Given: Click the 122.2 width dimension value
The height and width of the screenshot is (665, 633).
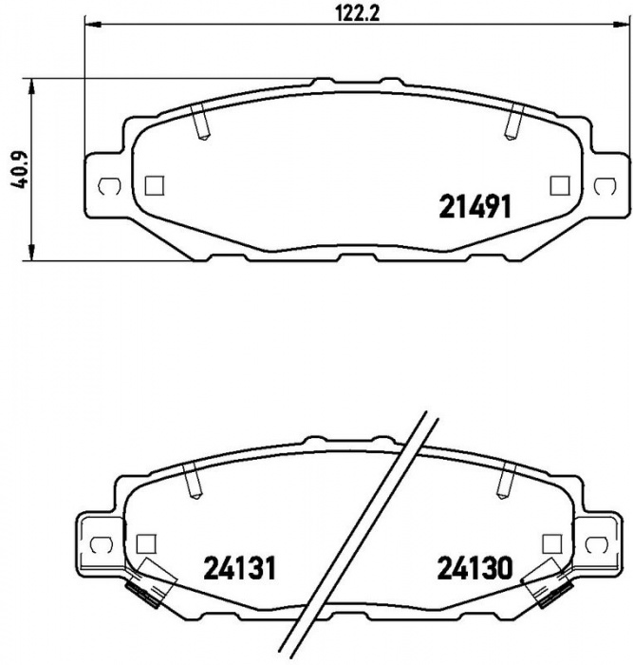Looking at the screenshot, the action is pos(357,12).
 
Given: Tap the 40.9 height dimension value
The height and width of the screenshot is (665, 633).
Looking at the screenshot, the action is pos(19,169).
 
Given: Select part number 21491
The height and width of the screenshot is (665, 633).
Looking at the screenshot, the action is pos(475,206).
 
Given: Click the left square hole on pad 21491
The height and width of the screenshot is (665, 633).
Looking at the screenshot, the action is pos(155,185).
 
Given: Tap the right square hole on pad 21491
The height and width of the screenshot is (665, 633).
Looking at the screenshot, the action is pos(560,185).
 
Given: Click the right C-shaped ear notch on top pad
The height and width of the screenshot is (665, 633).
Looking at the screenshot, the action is pos(605,186).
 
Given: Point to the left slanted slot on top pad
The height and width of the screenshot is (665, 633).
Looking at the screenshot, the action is pos(199,122).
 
